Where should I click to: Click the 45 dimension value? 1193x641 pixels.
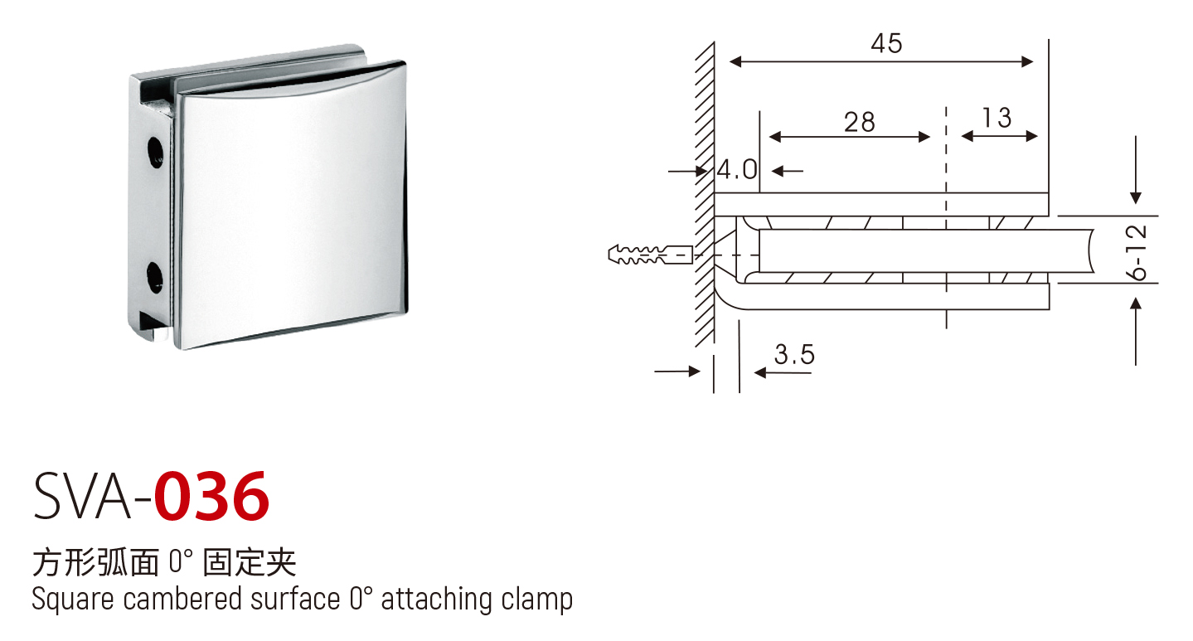(x=887, y=44)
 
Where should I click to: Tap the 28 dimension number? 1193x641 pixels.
(x=860, y=122)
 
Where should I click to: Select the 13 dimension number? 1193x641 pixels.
(x=997, y=118)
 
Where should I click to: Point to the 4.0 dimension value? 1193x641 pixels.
(x=737, y=170)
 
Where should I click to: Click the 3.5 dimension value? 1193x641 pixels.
(x=794, y=354)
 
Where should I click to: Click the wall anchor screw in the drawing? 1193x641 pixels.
(x=650, y=255)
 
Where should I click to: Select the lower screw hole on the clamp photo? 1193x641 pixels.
(x=155, y=277)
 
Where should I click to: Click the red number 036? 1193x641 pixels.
(x=211, y=497)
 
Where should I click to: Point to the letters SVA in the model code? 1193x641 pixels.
(x=82, y=497)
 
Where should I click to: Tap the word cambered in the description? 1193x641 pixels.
(x=182, y=599)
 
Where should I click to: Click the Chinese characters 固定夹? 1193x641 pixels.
(x=250, y=563)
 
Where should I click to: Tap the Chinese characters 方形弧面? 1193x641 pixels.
(x=95, y=563)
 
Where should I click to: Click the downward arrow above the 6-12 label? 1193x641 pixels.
(x=1136, y=170)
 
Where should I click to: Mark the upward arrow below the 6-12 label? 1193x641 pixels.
(x=1136, y=332)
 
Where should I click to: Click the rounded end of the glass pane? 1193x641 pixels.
(x=1089, y=251)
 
